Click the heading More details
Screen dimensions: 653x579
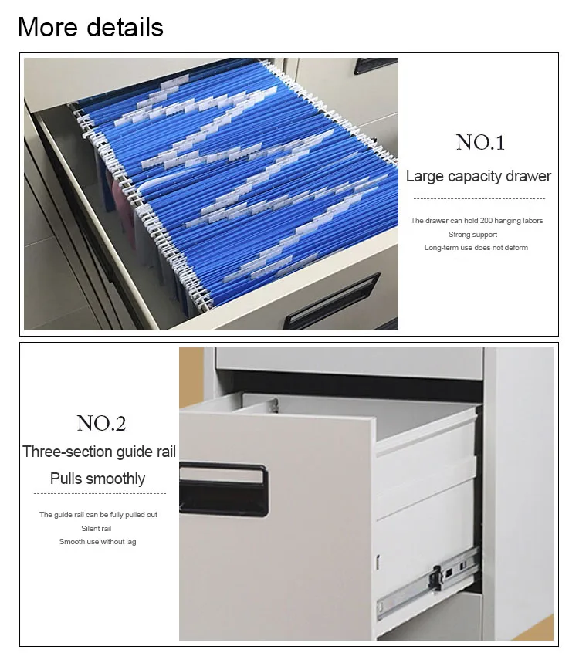(90, 27)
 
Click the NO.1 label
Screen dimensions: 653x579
(479, 142)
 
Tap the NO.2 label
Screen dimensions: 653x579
(100, 423)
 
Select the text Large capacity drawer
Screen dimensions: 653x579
(479, 176)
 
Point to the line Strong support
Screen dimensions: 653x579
(472, 234)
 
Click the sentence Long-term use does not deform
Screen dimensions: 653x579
(476, 248)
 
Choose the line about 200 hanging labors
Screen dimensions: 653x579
(476, 221)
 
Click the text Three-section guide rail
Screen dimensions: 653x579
(99, 452)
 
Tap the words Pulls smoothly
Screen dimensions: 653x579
(97, 479)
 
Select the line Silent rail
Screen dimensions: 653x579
(96, 528)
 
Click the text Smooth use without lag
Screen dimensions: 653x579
(97, 542)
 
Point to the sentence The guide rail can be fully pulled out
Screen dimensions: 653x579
(98, 515)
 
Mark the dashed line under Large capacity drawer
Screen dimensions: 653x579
(479, 198)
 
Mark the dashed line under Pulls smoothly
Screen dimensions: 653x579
(99, 493)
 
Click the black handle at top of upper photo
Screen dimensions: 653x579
(376, 66)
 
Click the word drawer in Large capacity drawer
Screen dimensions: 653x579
(527, 176)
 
